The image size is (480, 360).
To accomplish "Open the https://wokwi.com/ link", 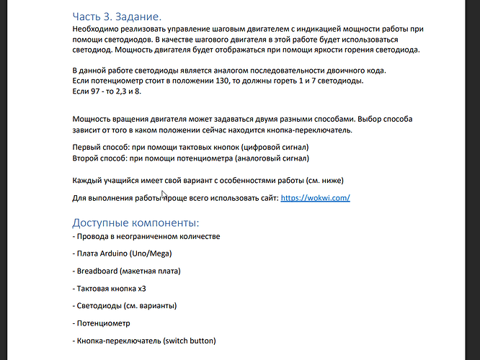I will [x=315, y=197].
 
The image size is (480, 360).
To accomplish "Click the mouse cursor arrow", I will [x=164, y=195].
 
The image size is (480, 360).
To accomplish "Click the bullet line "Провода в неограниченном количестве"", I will [x=146, y=236].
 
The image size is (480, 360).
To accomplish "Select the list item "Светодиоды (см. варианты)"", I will [x=125, y=305].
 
